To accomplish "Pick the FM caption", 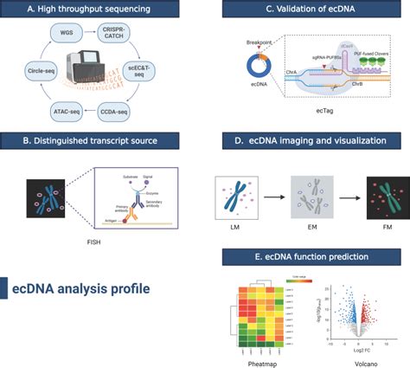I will pos(379,229).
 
